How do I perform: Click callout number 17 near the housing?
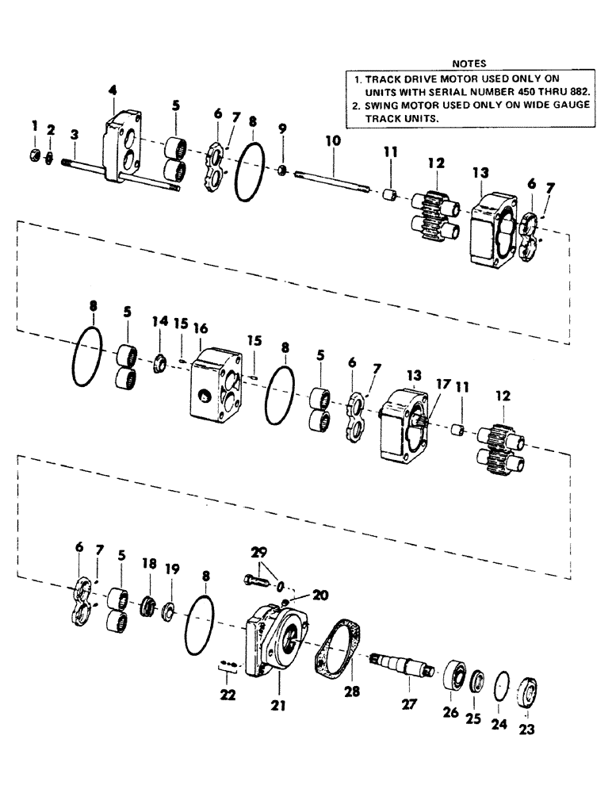point(442,383)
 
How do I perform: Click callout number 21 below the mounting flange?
point(277,703)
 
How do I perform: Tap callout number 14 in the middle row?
point(161,322)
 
